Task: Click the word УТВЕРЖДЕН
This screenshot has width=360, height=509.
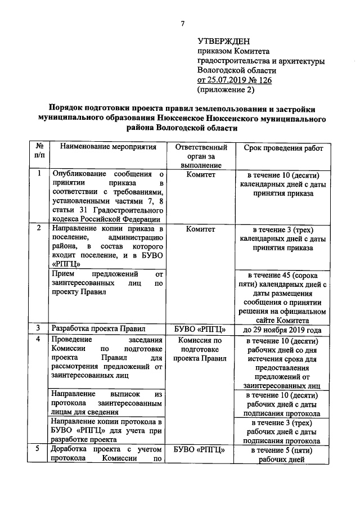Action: (223, 41)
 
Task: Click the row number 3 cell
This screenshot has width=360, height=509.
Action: (38, 328)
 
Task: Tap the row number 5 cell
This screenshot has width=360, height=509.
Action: (38, 449)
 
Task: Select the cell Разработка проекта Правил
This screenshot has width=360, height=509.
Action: (98, 328)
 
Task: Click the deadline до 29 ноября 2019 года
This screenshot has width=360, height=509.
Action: (283, 330)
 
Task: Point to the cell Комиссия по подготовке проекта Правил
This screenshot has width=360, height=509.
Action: (201, 349)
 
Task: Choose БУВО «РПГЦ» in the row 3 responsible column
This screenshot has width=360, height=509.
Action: (201, 328)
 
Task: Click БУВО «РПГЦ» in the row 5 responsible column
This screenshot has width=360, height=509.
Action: (201, 450)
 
